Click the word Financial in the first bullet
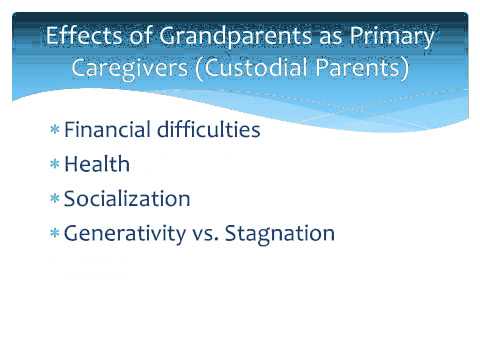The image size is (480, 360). [x=104, y=130]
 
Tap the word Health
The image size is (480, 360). [x=97, y=164]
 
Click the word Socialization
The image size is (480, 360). [x=127, y=199]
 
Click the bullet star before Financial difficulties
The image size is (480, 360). [x=54, y=131]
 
